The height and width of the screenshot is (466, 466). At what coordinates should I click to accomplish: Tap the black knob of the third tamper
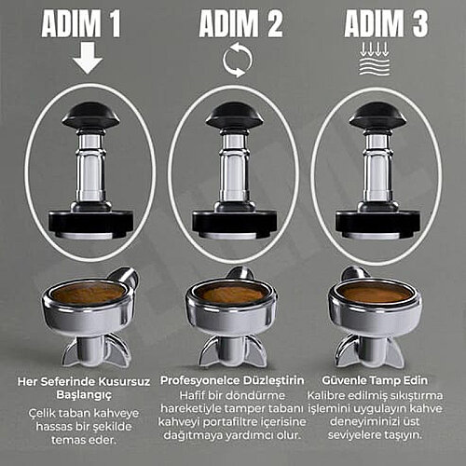tap(377, 116)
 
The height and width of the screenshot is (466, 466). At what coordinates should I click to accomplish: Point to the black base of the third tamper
tap(377, 221)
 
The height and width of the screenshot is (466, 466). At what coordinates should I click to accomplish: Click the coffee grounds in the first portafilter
tap(88, 293)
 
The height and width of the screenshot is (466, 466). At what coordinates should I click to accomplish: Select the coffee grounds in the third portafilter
tap(376, 293)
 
